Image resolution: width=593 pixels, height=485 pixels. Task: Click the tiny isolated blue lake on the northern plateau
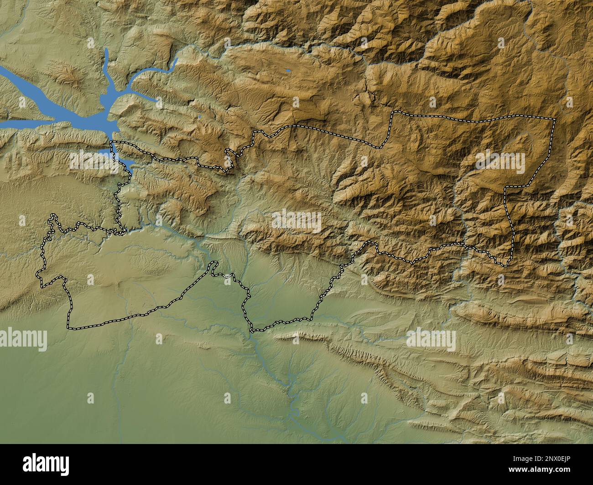pos(288,71)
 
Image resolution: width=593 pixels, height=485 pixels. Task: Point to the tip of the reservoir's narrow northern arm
pos(105,51)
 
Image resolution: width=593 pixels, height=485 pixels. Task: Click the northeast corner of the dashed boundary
pos(555,119)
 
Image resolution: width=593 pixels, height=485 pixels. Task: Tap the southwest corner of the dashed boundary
pos(69,327)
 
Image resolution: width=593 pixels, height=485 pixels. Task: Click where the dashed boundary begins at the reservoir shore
pos(112,143)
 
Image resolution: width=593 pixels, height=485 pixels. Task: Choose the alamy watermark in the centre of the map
pos(296,221)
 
